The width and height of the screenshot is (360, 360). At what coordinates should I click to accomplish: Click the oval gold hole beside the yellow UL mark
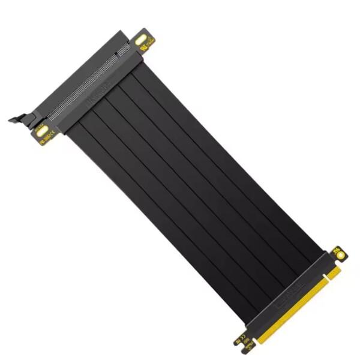click(x=142, y=40)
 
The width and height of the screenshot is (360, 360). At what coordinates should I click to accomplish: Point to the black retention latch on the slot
click(x=20, y=117)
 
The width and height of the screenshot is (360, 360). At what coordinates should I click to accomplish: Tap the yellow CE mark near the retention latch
click(x=47, y=137)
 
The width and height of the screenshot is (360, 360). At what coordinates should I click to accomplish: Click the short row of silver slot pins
click(x=124, y=51)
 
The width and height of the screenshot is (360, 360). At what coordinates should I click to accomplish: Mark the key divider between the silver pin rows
click(x=116, y=58)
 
